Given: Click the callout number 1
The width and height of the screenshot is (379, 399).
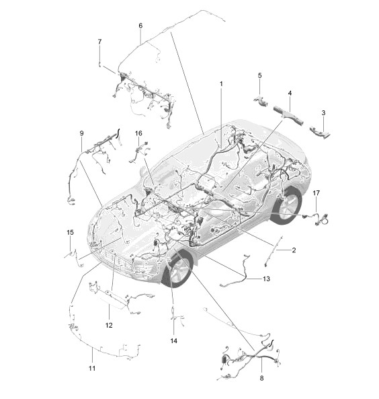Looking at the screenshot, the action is (x=221, y=83).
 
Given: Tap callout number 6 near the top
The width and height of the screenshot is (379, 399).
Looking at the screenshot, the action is (x=140, y=26).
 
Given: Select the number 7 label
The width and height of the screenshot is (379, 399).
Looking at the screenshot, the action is (x=99, y=42).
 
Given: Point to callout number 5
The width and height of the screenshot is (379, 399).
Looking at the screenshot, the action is (x=259, y=75).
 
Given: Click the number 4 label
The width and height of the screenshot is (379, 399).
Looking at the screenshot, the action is (x=290, y=93).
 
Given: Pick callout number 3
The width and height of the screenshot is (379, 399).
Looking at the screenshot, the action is (x=323, y=113).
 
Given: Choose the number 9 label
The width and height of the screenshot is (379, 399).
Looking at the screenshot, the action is (x=81, y=133).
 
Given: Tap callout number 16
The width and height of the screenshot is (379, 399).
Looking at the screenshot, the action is (x=138, y=133).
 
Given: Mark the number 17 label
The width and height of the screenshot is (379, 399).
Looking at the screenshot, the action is (x=317, y=193).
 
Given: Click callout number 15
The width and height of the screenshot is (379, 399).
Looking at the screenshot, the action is (x=70, y=232).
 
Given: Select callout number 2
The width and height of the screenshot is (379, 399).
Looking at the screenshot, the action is (x=294, y=250).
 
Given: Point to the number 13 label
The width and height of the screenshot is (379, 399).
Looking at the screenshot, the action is (x=266, y=279).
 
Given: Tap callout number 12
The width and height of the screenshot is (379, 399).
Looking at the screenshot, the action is (x=109, y=325).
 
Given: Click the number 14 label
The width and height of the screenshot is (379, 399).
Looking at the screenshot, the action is (x=173, y=340).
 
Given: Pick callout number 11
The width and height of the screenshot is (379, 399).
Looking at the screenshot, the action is (x=92, y=368).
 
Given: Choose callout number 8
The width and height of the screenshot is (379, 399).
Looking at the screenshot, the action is (x=261, y=378).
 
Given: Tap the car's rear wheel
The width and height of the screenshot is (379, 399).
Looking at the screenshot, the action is (x=287, y=206).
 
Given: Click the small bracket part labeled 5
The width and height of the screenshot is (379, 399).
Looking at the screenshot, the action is (x=261, y=101).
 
